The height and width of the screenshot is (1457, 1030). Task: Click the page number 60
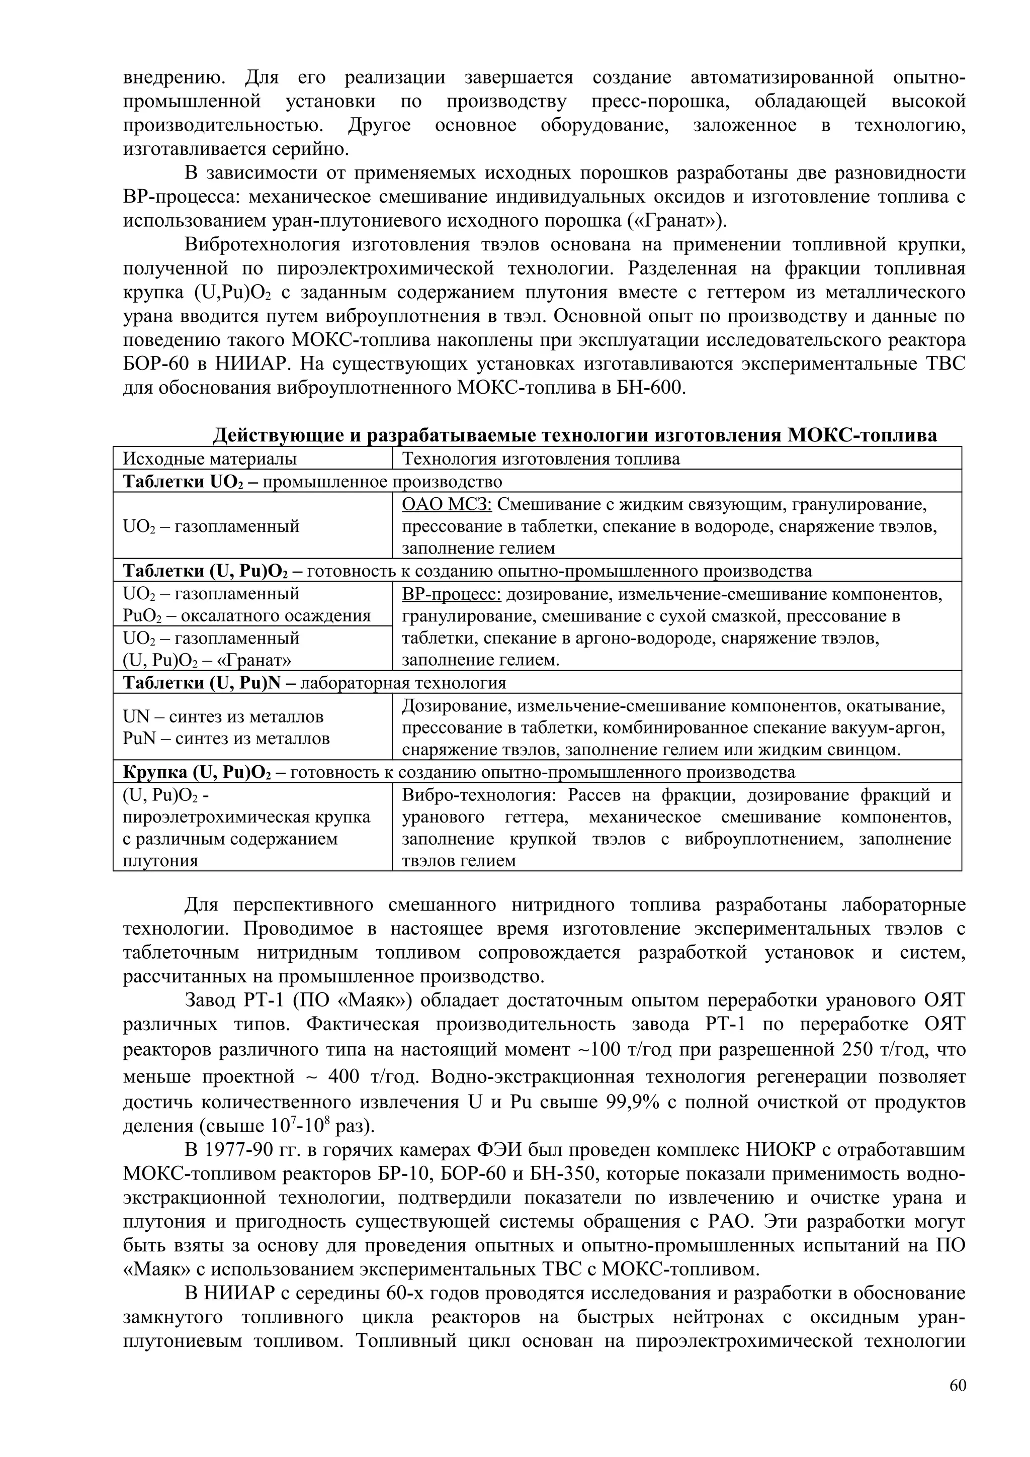tap(958, 1403)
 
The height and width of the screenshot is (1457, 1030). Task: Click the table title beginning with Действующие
tap(574, 435)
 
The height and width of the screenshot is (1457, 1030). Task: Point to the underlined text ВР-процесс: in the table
tap(452, 595)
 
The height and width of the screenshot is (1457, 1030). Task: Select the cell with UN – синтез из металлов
tap(223, 716)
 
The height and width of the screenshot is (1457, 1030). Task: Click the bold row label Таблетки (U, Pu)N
tap(204, 683)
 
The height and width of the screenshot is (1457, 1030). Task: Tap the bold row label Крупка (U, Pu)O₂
tap(197, 772)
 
